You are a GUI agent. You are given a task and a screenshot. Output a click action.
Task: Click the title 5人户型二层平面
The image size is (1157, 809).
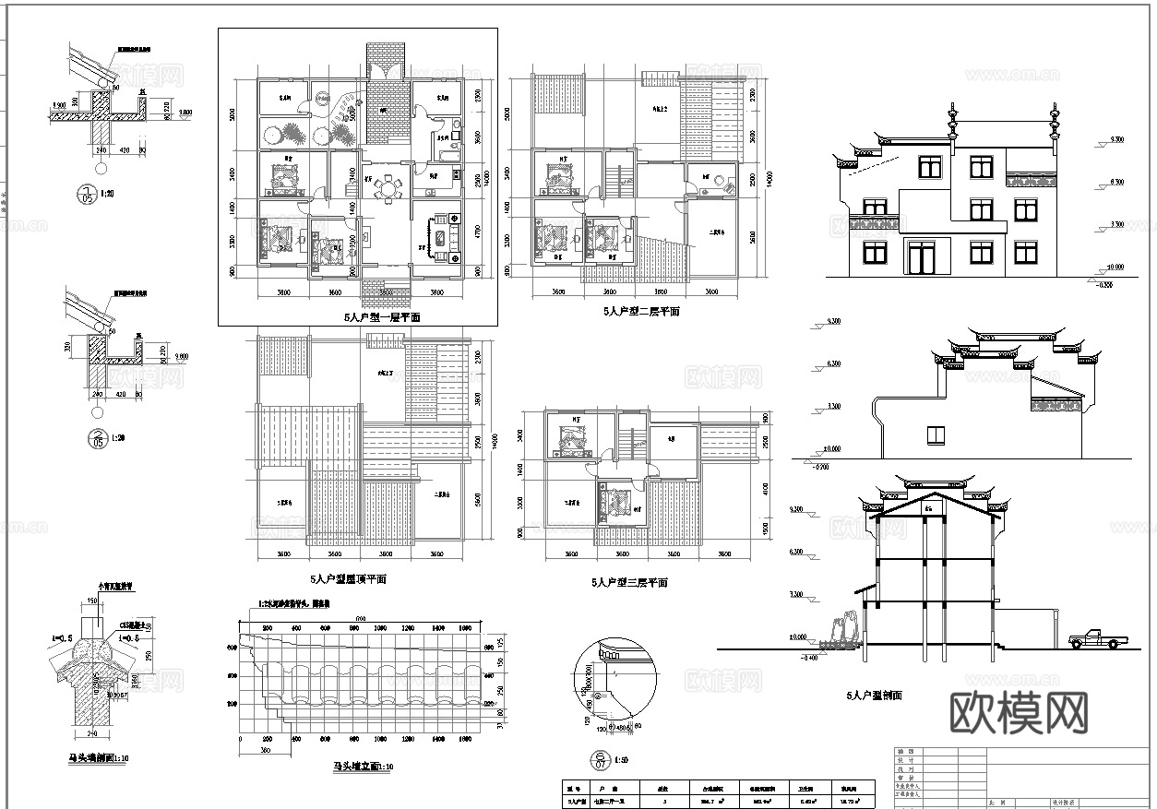pos(641,312)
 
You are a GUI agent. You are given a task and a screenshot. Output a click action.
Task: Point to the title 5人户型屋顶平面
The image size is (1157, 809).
pos(348,579)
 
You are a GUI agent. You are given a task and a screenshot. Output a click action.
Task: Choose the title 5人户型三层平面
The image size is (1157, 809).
pos(628,583)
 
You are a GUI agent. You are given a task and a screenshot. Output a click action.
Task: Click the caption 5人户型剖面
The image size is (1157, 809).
pos(873,696)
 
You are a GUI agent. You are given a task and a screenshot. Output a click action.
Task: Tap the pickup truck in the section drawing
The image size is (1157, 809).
pos(1096,639)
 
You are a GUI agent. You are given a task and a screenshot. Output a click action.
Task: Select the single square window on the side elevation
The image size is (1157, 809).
pos(936,435)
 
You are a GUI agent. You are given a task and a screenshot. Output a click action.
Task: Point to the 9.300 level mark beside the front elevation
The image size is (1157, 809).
pos(1115,140)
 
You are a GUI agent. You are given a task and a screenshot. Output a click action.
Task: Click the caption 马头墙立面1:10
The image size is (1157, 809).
pos(363,767)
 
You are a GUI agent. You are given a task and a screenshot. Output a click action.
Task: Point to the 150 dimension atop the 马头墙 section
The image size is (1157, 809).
pos(92,601)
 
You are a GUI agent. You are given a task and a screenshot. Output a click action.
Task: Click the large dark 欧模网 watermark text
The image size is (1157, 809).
pos(1019,712)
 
